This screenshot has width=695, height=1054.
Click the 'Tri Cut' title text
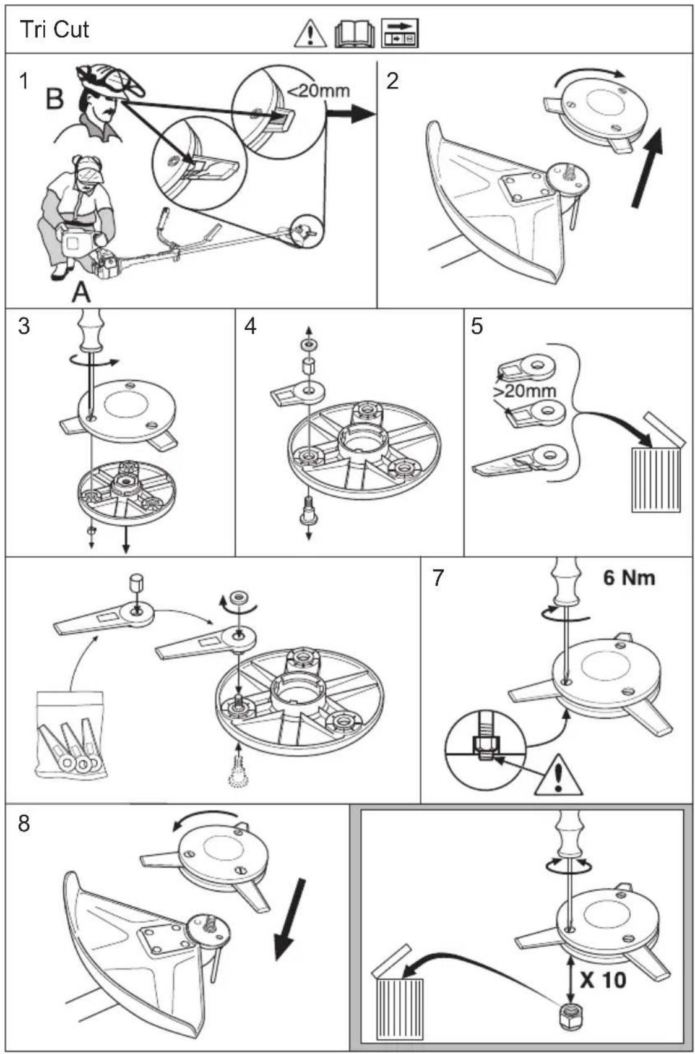click(x=54, y=30)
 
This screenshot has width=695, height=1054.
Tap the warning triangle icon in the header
click(x=310, y=34)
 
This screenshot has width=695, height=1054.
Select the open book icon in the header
click(x=355, y=35)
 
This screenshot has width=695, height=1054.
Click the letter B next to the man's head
click(x=54, y=100)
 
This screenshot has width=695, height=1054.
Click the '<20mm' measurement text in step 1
click(x=318, y=90)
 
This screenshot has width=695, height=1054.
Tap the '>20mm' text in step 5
click(x=525, y=390)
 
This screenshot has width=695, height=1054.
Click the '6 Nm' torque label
click(x=629, y=577)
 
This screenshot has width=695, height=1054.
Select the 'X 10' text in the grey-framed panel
click(x=603, y=980)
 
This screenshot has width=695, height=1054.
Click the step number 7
click(x=438, y=578)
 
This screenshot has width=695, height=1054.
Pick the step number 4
click(x=251, y=326)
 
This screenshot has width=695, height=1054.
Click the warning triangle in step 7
click(x=558, y=775)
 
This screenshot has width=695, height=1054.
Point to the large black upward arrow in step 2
click(x=647, y=168)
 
